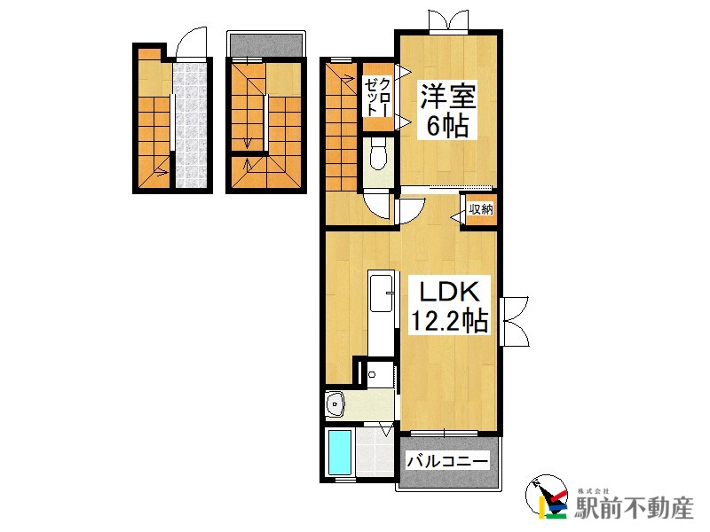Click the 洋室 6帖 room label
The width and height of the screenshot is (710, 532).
[x=444, y=109]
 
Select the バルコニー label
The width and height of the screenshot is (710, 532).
[x=447, y=461]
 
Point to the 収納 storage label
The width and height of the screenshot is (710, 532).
[x=480, y=210]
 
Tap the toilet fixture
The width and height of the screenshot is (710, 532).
[x=378, y=156]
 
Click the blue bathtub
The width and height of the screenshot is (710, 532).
[x=340, y=451]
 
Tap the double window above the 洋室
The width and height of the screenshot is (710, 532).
[x=448, y=20]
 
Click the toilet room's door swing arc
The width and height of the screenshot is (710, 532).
[x=379, y=206]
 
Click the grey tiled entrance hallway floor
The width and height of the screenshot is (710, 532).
[x=189, y=124]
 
